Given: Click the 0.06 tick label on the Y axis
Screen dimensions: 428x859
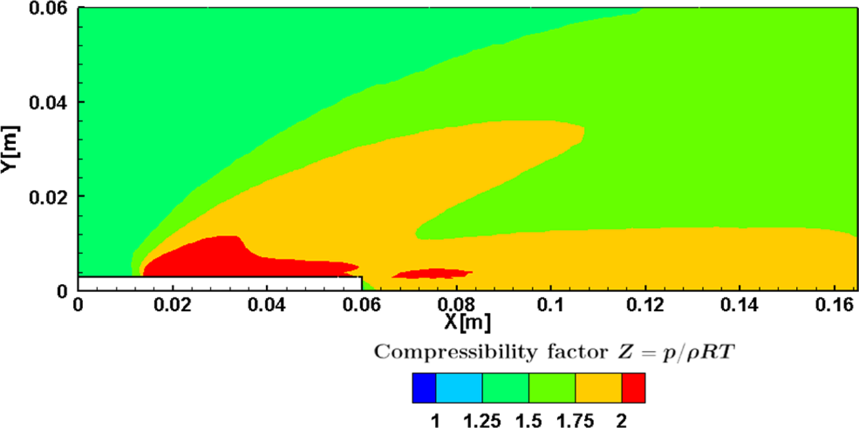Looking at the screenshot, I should (x=49, y=8).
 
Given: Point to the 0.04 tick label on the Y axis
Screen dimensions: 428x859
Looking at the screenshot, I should (x=49, y=102).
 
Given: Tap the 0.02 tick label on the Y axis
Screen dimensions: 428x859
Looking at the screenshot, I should (x=49, y=196).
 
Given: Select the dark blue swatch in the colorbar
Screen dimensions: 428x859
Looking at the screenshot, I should (x=424, y=388).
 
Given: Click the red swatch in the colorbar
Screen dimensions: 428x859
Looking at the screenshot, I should (x=633, y=388).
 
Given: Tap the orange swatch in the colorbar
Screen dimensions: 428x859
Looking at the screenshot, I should (x=599, y=388).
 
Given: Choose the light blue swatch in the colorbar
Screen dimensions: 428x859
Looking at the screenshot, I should (x=459, y=388).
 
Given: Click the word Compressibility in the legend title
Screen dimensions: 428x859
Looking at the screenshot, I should (x=436, y=352).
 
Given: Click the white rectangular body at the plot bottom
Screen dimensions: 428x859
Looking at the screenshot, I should (x=219, y=284).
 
